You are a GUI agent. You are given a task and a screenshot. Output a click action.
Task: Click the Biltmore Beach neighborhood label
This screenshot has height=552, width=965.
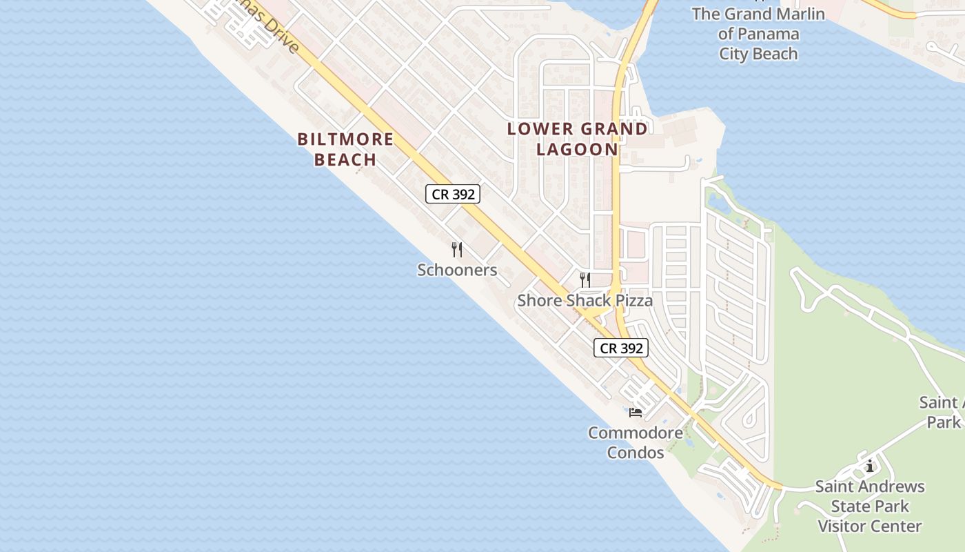pyautogui.click(x=345, y=149)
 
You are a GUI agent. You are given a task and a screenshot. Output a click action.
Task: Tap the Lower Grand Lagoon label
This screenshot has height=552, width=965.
pyautogui.click(x=578, y=139)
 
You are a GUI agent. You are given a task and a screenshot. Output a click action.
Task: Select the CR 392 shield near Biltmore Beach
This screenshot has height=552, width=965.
pyautogui.click(x=452, y=195)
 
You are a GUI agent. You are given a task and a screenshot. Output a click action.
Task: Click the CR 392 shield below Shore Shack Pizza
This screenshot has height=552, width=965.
pyautogui.click(x=621, y=348)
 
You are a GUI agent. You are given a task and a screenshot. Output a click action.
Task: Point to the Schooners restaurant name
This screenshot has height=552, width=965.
pyautogui.click(x=457, y=270)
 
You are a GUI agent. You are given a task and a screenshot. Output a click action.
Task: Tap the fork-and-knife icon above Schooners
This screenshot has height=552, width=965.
pyautogui.click(x=456, y=249)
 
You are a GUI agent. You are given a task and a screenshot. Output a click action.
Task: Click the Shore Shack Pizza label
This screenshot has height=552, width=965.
pyautogui.click(x=585, y=300)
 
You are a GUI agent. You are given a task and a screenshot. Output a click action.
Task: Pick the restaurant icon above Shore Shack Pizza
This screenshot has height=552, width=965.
pyautogui.click(x=585, y=279)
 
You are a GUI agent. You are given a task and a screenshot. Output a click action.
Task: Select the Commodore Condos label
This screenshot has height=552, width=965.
pyautogui.click(x=636, y=443)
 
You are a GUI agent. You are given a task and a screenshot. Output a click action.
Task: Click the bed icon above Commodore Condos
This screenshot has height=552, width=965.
pyautogui.click(x=636, y=413)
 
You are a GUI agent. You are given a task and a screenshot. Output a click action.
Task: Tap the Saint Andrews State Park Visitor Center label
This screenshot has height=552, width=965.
pyautogui.click(x=870, y=506)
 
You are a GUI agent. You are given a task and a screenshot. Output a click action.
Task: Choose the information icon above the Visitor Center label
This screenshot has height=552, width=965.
pyautogui.click(x=870, y=466)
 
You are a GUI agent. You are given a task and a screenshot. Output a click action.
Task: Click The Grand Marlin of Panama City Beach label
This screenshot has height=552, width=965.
pyautogui.click(x=758, y=34)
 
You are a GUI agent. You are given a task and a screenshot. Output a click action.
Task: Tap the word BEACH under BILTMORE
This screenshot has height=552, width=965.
pyautogui.click(x=345, y=159)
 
